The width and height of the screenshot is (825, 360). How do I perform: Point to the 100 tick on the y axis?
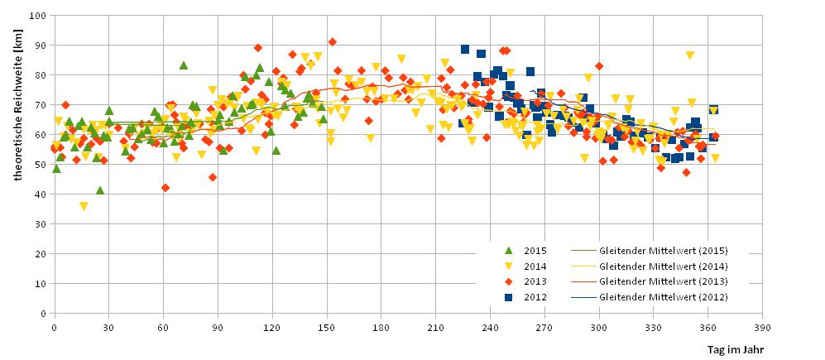[x=38, y=16]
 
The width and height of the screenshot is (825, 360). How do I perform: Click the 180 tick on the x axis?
[x=381, y=328]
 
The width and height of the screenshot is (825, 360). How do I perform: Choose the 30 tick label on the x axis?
[x=108, y=328]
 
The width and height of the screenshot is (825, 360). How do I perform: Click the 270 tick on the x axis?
[x=544, y=328]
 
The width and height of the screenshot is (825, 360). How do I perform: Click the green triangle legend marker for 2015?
[x=509, y=251]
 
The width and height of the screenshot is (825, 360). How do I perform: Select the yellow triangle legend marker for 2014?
[x=509, y=266]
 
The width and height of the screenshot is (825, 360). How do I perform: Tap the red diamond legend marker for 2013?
[x=509, y=281]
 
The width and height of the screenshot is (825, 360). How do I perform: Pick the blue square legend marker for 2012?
[x=509, y=297]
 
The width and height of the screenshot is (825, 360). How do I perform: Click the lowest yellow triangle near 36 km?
[x=84, y=206]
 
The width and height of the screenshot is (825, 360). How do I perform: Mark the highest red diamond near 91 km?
[x=332, y=42]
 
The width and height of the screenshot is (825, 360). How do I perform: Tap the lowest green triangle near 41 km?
[x=99, y=190]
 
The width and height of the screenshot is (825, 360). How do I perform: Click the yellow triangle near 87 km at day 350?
[x=689, y=55]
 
